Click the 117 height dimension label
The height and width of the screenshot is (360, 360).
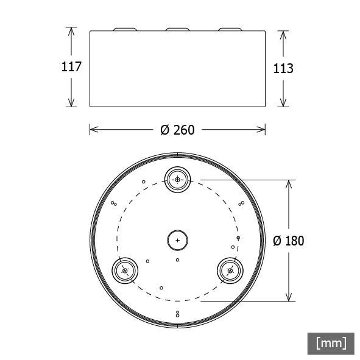(x=71, y=67)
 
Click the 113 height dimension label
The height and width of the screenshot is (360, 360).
(x=283, y=68)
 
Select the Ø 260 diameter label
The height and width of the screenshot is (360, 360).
(x=177, y=130)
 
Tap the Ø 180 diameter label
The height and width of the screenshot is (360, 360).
(x=288, y=241)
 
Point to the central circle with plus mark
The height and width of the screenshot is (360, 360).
(x=178, y=240)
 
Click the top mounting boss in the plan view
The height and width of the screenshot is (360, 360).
(x=178, y=180)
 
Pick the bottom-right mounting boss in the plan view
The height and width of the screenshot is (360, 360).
(x=230, y=270)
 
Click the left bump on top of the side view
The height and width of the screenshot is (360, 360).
(x=125, y=29)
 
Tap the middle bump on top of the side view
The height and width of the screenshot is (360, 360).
(x=177, y=29)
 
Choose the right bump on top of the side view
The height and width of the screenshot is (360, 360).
(x=230, y=29)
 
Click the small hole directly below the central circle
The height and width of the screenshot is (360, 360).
(x=177, y=260)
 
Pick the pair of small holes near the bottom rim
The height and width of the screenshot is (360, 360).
(x=177, y=314)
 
